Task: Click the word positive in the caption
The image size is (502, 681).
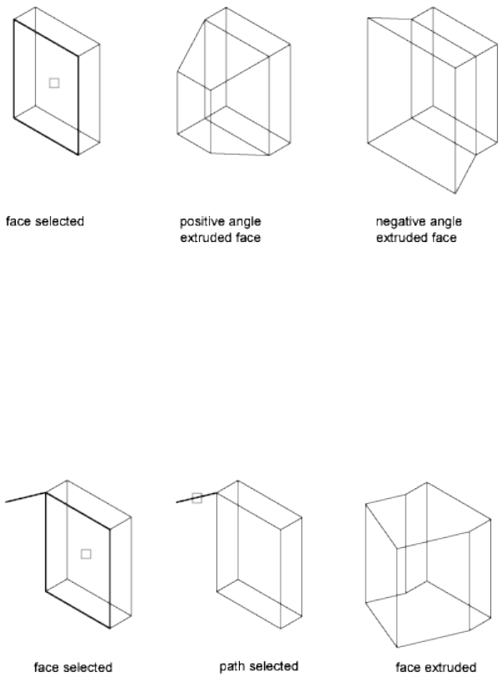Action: point(198,222)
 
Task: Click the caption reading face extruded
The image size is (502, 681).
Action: point(435,667)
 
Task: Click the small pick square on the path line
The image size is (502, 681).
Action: point(197,498)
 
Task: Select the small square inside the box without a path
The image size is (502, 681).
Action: point(54,82)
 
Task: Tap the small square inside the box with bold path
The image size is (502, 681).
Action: point(86,554)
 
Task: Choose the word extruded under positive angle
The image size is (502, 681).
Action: point(201,238)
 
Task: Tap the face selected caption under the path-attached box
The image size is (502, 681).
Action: point(72,667)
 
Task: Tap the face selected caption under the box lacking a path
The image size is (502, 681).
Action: point(45,222)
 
